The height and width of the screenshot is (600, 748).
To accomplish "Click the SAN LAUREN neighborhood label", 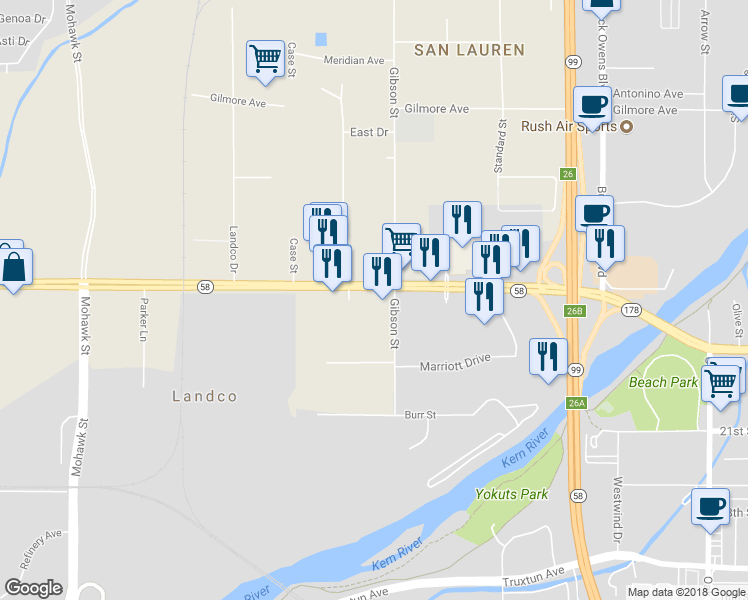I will [x=470, y=49].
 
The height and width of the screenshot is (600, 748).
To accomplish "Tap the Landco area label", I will [x=205, y=396].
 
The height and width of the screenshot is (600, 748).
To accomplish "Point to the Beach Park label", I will [x=663, y=382].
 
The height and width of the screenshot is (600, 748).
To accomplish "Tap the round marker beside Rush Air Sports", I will [x=627, y=126].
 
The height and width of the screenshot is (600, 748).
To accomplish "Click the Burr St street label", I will [x=421, y=414].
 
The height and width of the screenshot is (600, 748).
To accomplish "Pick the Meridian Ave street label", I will [x=354, y=60].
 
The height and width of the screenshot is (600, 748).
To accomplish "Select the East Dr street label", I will [x=368, y=132].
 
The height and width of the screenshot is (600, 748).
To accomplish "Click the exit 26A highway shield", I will [x=576, y=403].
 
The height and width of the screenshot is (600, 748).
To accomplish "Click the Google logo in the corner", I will [x=33, y=588].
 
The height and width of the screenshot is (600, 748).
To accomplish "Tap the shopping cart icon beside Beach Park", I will [x=721, y=381].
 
